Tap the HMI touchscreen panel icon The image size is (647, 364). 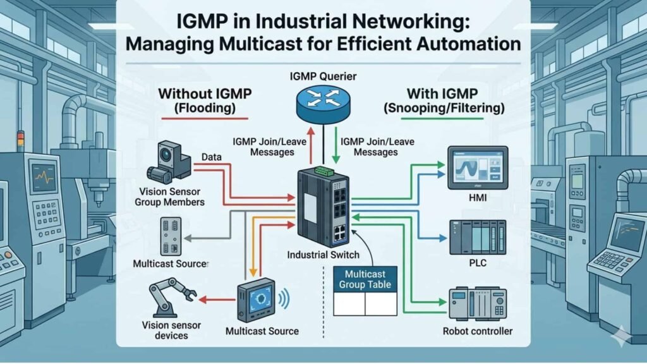(x=477, y=167)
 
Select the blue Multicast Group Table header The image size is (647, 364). (x=365, y=279)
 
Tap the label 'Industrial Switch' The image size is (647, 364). (x=323, y=255)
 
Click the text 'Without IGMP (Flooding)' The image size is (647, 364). (x=205, y=101)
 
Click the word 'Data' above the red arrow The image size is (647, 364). (x=210, y=155)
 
